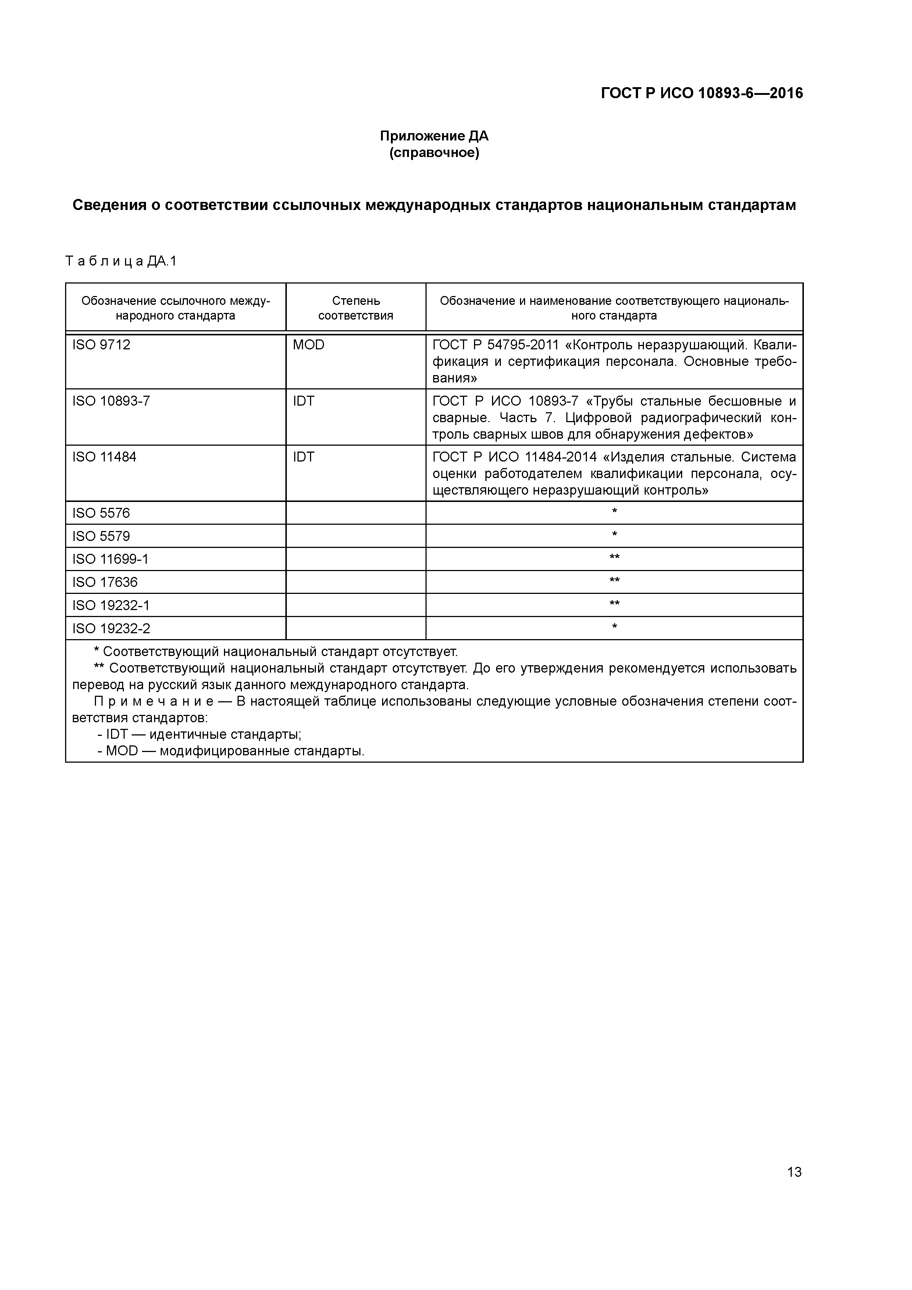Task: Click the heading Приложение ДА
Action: coord(434,136)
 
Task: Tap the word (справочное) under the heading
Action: coord(434,153)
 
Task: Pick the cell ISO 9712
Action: coord(101,345)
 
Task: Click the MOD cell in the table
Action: coord(309,345)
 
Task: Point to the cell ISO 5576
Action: coord(101,513)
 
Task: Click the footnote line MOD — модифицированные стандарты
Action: coord(230,751)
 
